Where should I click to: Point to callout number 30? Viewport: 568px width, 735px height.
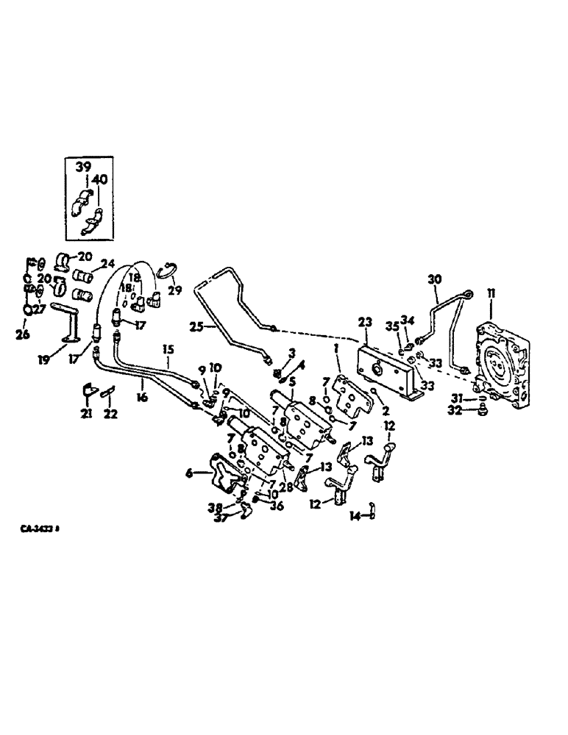tap(434, 279)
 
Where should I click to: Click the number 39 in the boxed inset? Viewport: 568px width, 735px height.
tap(81, 168)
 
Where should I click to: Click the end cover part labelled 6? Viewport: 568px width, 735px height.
tap(224, 474)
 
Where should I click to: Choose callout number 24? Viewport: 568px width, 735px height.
tap(108, 264)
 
